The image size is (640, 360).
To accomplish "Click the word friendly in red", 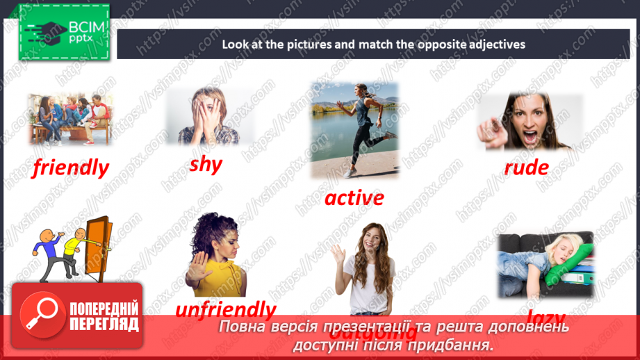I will click(71, 167).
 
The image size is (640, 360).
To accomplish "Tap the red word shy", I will click(206, 164).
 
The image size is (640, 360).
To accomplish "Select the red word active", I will click(354, 198).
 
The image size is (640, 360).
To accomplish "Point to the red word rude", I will click(526, 167).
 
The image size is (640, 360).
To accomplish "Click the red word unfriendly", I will click(225, 309).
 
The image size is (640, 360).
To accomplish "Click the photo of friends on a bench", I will click(70, 119).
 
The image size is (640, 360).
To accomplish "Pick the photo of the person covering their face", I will click(209, 116).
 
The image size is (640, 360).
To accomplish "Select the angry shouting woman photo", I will click(528, 121).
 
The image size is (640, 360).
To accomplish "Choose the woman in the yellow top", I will click(216, 254).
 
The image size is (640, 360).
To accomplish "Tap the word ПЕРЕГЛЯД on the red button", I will click(104, 324).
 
